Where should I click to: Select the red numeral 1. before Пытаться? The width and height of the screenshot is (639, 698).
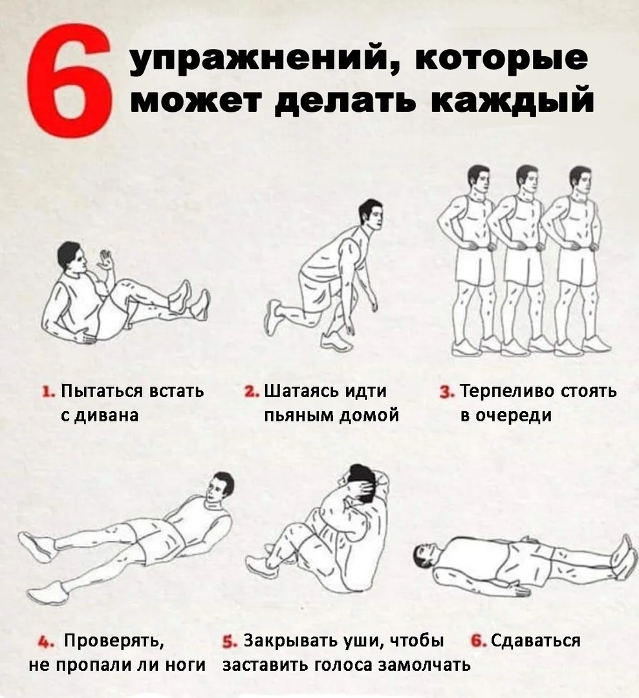click(x=47, y=392)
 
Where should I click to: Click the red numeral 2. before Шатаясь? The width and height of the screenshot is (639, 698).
click(x=251, y=392)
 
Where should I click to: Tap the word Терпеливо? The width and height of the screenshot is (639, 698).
click(x=503, y=392)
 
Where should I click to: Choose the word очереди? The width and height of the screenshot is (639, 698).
click(x=514, y=415)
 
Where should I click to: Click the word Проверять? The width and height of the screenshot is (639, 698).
click(x=113, y=641)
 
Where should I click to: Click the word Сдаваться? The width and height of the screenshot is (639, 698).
click(x=535, y=641)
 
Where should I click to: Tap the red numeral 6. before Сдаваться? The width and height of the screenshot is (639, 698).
click(x=479, y=641)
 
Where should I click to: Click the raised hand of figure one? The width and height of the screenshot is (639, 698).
click(x=104, y=260)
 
